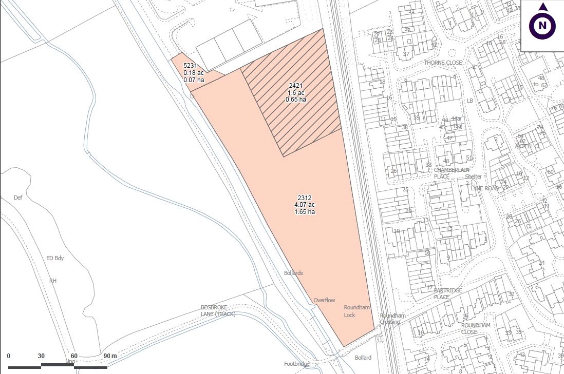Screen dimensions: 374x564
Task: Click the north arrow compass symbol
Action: (542, 25)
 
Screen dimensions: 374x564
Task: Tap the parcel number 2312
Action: (305, 198)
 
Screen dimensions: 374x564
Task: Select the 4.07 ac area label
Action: (305, 205)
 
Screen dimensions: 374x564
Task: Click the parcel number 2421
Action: (295, 86)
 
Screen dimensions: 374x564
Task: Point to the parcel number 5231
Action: (191, 66)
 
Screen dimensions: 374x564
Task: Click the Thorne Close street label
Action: (443, 63)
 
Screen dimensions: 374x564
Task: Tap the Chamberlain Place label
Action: (452, 173)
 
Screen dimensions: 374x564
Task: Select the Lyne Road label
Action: (485, 188)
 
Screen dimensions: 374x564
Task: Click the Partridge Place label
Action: (448, 293)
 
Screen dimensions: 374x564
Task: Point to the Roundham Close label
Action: (476, 328)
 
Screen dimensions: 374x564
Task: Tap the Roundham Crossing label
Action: (392, 319)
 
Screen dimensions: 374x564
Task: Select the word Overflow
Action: (324, 300)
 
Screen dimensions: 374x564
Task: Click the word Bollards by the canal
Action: (293, 273)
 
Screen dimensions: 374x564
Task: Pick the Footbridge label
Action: (297, 364)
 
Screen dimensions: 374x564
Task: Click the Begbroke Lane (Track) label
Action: (218, 310)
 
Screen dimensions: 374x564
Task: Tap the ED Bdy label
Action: (55, 258)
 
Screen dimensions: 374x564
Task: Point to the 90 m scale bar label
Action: (110, 356)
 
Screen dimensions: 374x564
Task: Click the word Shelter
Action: (473, 176)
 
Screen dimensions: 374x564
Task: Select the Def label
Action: (18, 198)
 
